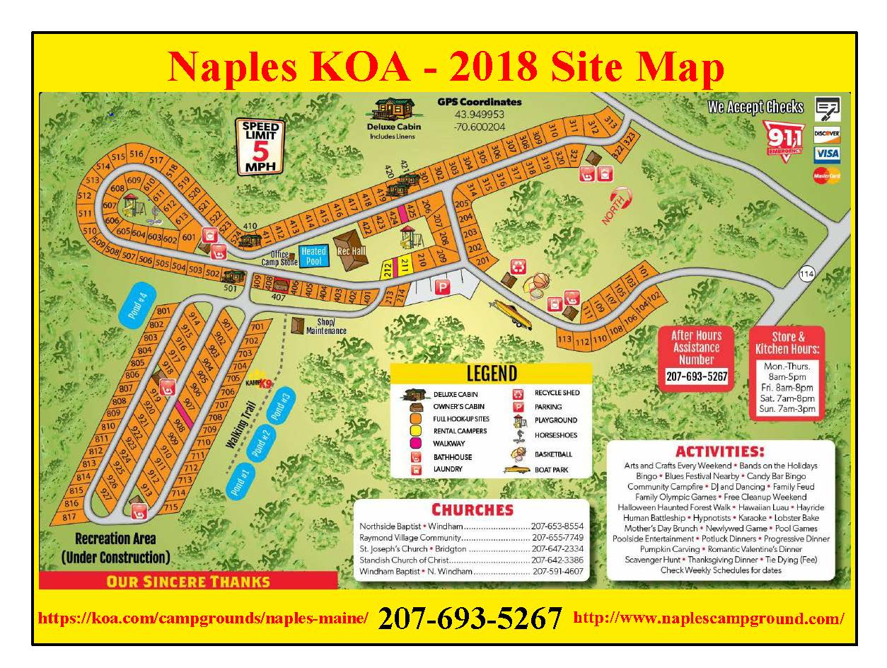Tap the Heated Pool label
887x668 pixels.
[313, 256]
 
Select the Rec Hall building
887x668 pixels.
[352, 250]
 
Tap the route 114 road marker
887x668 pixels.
[807, 274]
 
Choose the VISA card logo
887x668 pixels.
[826, 154]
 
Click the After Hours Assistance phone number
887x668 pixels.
[696, 376]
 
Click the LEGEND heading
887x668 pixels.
[492, 374]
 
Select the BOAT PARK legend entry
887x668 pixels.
[552, 470]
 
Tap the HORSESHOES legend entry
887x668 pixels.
[555, 435]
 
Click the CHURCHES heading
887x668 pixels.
[472, 509]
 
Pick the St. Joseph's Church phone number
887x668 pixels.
[557, 548]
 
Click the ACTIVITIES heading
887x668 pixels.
[720, 451]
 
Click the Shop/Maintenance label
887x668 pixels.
[315, 326]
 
